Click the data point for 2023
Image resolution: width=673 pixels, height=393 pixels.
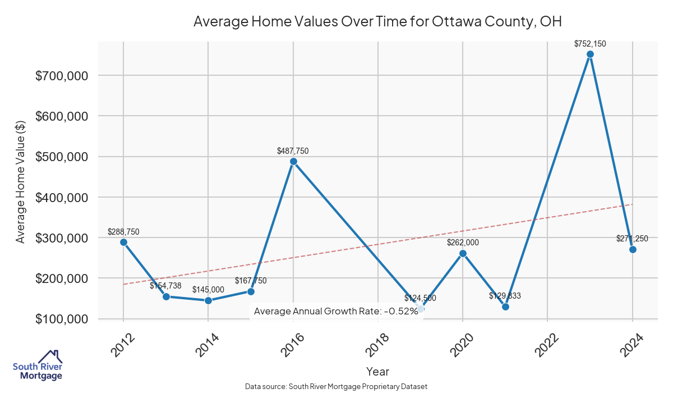tap(590, 54)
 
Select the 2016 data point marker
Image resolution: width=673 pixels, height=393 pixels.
tap(293, 162)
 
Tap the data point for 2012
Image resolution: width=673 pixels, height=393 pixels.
tap(123, 242)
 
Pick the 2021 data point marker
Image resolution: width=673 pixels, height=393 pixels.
tap(505, 307)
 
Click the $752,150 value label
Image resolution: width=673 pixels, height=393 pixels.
tap(590, 43)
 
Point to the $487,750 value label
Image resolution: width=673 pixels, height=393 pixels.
tap(293, 150)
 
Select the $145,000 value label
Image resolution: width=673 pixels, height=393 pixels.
tap(208, 290)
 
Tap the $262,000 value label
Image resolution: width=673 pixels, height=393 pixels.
tap(463, 243)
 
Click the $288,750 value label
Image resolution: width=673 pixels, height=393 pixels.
tap(123, 231)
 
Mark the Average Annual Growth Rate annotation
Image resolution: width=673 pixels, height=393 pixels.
tap(336, 311)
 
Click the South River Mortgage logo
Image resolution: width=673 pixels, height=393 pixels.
tap(38, 365)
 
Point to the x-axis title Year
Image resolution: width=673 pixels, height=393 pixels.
tap(377, 371)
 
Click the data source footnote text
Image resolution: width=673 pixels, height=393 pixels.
tap(336, 386)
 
